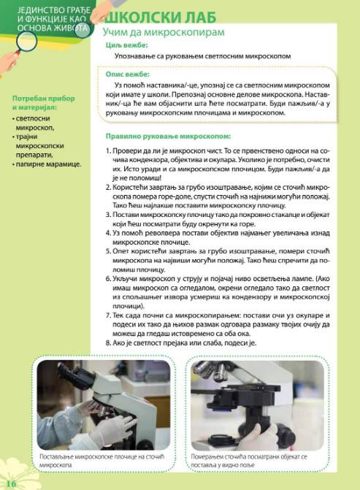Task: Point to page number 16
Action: (10, 483)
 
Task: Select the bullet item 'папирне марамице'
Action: (49, 164)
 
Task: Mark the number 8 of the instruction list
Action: (107, 342)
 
